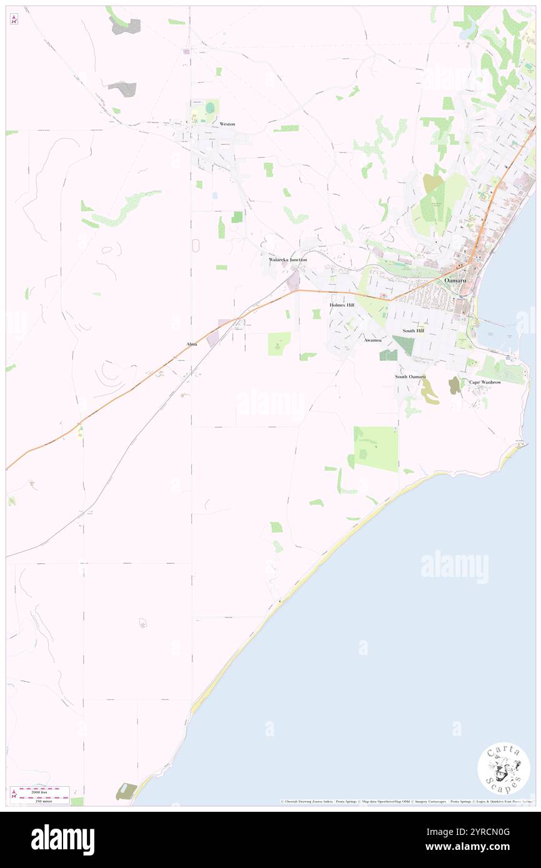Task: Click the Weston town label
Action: point(227,124)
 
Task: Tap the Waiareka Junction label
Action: point(287,259)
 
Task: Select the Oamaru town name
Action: point(455,281)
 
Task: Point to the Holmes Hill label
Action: point(342,305)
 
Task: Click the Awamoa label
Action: point(373,340)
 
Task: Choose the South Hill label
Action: point(413,330)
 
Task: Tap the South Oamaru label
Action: point(410,377)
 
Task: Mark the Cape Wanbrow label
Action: point(485,382)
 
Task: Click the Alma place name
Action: point(192,344)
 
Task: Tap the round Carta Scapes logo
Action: point(503,769)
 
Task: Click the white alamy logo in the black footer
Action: point(62,839)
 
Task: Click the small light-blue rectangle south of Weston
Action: point(215,195)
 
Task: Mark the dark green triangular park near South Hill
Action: point(404,344)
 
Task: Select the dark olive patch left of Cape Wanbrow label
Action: point(454,385)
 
